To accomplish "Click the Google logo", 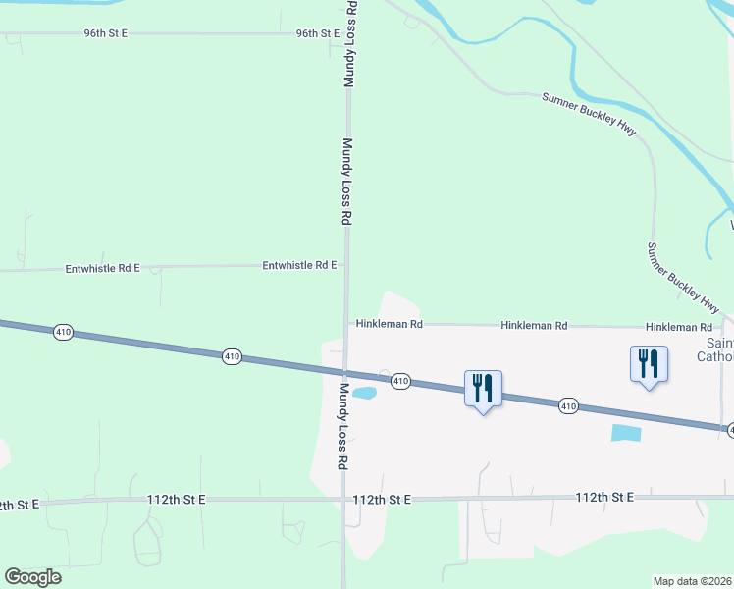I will coord(32,577).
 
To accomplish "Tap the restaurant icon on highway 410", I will coord(482,388).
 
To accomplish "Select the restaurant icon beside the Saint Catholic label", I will coord(649,363).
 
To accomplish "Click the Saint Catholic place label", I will coord(720,349).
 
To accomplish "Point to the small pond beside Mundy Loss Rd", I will coord(364,394).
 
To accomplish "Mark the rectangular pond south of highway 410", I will coord(626,432).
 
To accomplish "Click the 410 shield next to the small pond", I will coord(400,381).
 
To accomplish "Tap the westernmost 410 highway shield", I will coord(63,333).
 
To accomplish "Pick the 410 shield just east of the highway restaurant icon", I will coord(568,405).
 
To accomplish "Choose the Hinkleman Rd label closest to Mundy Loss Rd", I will coord(389,323).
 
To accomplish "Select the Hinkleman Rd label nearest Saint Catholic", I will coord(678,327).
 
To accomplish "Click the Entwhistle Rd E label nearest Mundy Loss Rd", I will coord(299,265).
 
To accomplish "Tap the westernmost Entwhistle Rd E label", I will coord(103,267).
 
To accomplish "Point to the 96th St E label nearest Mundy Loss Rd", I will coord(318,33).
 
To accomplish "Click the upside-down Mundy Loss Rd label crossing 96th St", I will coord(348,44).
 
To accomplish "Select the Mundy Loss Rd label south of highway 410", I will coord(343,425).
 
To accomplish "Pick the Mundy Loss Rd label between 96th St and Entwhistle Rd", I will coord(346,182).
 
